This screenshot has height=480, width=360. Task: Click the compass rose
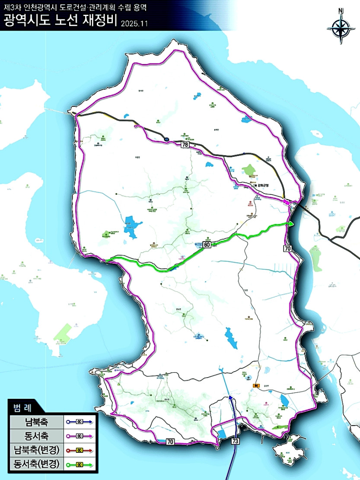341,26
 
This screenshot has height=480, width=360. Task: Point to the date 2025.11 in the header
134,23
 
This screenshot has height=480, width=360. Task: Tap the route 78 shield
185,145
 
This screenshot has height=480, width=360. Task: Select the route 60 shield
207,245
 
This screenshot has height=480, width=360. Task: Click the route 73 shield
235,441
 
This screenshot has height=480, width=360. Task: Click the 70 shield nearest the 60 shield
288,248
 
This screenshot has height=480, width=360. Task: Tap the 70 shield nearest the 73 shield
170,442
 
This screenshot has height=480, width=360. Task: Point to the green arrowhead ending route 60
291,224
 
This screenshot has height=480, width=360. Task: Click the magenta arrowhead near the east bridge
286,201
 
